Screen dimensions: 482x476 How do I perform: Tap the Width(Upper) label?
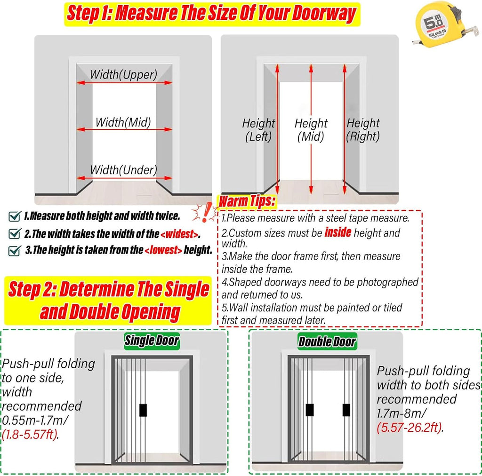pyautogui.click(x=123, y=75)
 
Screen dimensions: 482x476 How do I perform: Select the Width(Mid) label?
pyautogui.click(x=123, y=122)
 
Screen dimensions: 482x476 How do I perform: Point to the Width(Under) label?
pyautogui.click(x=124, y=170)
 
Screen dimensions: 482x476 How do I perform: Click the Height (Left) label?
pyautogui.click(x=258, y=130)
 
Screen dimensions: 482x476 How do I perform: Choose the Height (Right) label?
pyautogui.click(x=363, y=130)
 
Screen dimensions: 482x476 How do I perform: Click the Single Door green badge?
pyautogui.click(x=152, y=341)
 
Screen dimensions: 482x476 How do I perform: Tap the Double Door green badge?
pyautogui.click(x=327, y=341)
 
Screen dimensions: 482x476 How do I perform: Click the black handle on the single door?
pyautogui.click(x=143, y=410)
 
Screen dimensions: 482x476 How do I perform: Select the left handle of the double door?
pyautogui.click(x=310, y=410)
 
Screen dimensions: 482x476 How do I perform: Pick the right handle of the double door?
pyautogui.click(x=346, y=410)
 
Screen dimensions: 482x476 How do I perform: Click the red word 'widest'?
pyautogui.click(x=179, y=234)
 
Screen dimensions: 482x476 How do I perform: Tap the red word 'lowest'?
pyautogui.click(x=163, y=250)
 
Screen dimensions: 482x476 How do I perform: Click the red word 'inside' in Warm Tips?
pyautogui.click(x=338, y=232)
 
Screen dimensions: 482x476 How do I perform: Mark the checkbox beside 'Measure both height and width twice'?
pyautogui.click(x=15, y=216)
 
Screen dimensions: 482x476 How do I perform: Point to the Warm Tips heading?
pyautogui.click(x=247, y=201)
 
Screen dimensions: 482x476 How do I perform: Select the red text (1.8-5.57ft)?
pyautogui.click(x=30, y=435)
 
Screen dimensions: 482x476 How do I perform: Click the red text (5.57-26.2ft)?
pyautogui.click(x=410, y=427)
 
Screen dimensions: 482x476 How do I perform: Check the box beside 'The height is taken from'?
pyautogui.click(x=15, y=251)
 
